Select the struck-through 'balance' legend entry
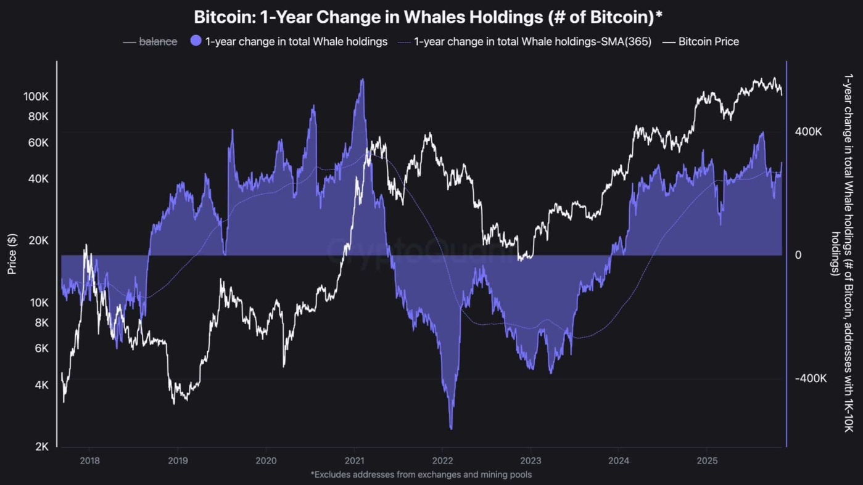(158, 41)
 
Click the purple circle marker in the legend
(196, 41)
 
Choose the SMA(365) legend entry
(532, 41)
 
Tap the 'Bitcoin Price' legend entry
(708, 41)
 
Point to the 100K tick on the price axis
(36, 97)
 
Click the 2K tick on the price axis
(41, 447)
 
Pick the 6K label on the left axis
(41, 348)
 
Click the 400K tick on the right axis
(808, 132)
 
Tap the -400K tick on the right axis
(810, 378)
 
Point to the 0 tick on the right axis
(798, 255)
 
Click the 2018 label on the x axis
(89, 460)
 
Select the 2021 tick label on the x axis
(354, 460)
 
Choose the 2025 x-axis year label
(706, 460)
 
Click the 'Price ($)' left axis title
(12, 254)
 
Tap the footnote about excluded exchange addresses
(421, 475)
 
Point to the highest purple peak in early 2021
(362, 80)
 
